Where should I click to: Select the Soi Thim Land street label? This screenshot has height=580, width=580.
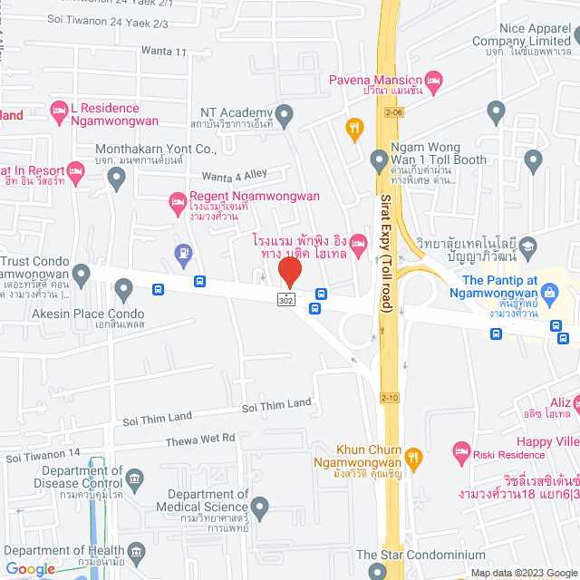[x=276, y=405]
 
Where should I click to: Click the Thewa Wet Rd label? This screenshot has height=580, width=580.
[x=200, y=439]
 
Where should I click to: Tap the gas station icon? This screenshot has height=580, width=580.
[x=184, y=251]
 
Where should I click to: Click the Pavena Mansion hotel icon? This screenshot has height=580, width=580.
[x=433, y=82]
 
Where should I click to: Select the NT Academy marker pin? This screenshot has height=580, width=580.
[x=285, y=115]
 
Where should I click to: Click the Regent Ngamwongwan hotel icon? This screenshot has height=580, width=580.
[x=177, y=208]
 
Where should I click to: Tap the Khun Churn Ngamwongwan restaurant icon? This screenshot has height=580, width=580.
[x=414, y=457]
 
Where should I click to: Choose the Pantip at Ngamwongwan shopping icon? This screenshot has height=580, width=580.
[x=549, y=293]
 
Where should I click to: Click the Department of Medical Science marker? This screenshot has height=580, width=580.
[x=261, y=506]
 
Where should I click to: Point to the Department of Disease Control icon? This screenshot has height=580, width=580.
[x=135, y=478]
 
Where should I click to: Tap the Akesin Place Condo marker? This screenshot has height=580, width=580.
[x=123, y=289]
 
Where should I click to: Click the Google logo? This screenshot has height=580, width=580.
[x=30, y=568]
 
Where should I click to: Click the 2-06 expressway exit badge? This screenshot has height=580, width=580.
[x=392, y=112]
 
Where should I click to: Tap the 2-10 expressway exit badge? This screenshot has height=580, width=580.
[x=390, y=397]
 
